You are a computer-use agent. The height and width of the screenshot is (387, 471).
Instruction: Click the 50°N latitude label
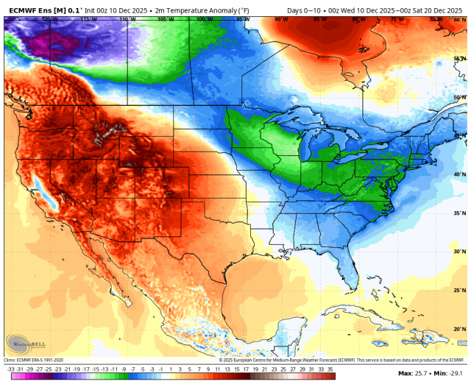(460, 96)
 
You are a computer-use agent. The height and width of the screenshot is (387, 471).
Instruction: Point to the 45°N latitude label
(460, 136)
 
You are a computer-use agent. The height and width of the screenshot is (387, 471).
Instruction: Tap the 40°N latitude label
(460, 174)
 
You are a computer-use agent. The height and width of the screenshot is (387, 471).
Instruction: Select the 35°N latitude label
(460, 213)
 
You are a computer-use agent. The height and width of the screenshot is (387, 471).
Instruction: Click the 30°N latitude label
(460, 252)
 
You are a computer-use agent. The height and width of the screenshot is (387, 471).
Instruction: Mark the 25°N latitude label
(460, 291)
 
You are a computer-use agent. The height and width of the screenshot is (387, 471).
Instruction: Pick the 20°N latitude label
(460, 329)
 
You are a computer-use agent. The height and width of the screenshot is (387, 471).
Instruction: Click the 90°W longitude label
(280, 19)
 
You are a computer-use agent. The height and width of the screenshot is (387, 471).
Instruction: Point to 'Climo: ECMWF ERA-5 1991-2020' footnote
(32, 360)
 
